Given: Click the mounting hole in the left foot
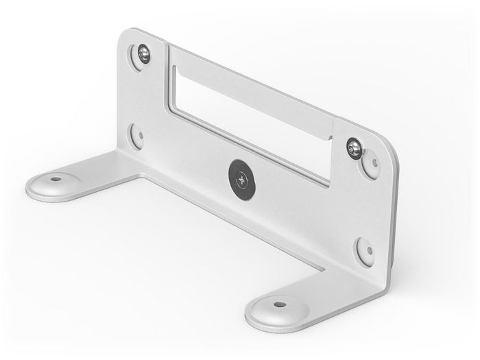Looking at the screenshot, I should point(56,179).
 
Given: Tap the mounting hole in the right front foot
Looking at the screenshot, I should point(279,304).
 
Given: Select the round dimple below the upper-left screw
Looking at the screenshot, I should point(137,134).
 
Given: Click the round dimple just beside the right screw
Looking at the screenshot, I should point(371,164).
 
